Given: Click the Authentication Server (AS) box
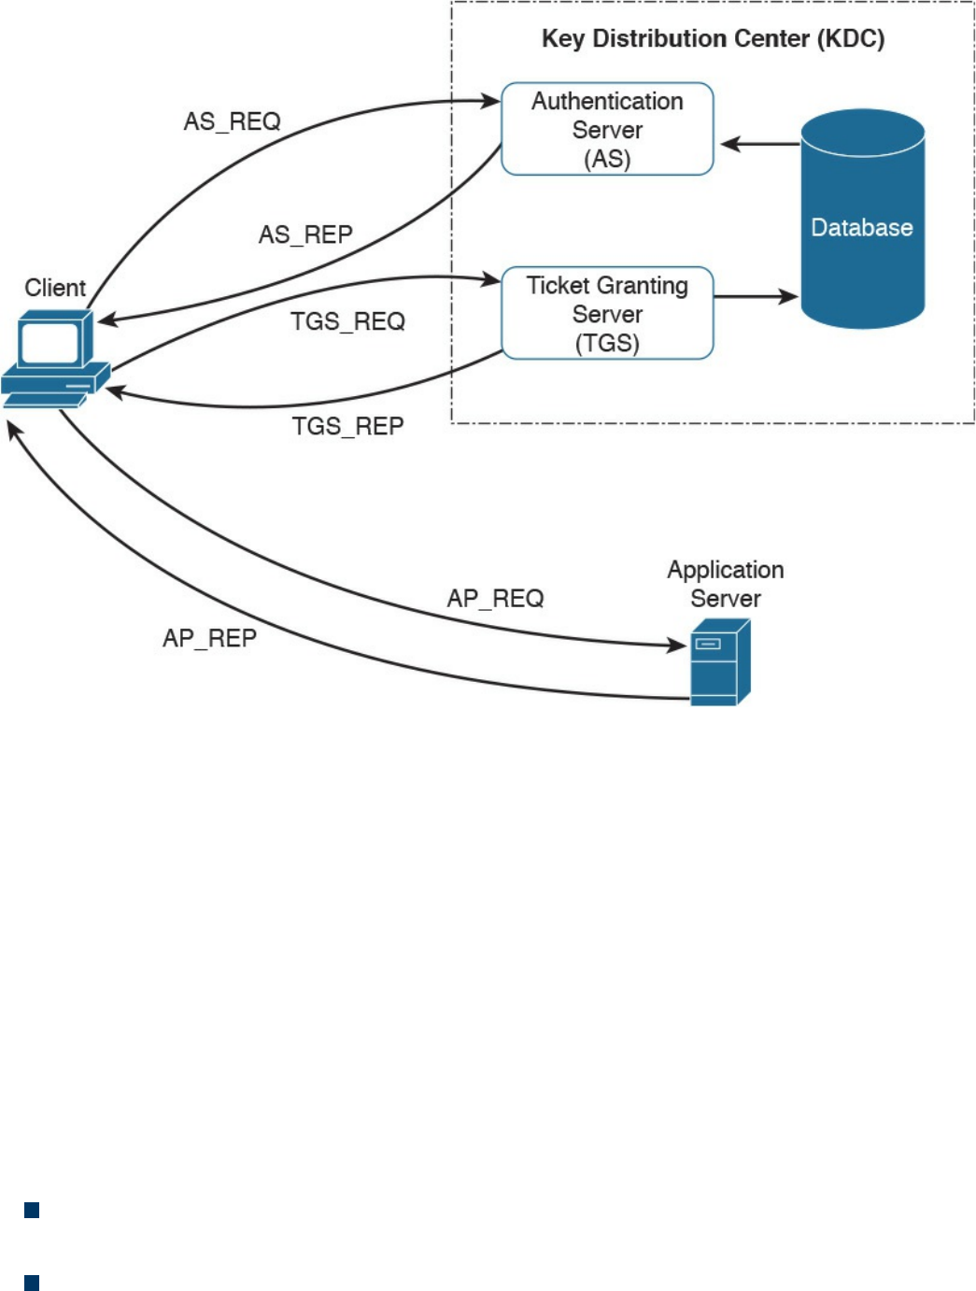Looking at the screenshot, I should click(607, 129).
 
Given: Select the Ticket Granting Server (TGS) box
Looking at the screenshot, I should click(607, 313).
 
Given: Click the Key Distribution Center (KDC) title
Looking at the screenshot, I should click(713, 38).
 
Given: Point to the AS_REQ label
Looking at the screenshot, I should click(232, 121).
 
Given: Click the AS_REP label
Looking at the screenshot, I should click(305, 234).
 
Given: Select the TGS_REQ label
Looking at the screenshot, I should click(347, 321).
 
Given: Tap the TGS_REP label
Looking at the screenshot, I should click(347, 426).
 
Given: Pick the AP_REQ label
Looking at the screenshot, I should click(495, 598).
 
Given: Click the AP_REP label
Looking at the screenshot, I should click(209, 638).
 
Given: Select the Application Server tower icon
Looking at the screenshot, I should click(719, 662).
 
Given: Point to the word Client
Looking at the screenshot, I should click(55, 288).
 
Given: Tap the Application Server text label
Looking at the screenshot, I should click(725, 584).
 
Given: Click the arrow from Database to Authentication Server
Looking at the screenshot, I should click(761, 144).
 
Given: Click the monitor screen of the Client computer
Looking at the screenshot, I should click(49, 343).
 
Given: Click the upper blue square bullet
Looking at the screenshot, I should click(32, 1211).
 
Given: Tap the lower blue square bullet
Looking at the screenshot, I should click(32, 1283).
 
